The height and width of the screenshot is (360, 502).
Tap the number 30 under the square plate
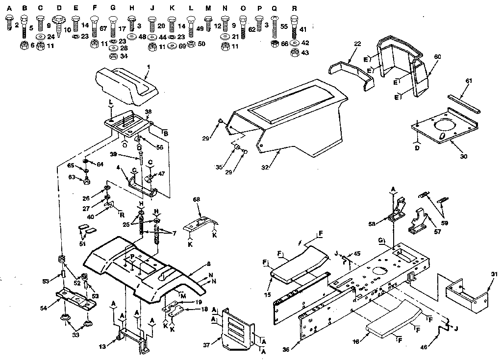pos(463,157)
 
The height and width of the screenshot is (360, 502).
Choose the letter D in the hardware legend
pos(59,8)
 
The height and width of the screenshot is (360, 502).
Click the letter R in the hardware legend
pos(294,8)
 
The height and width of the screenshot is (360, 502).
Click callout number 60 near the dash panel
pos(437,56)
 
